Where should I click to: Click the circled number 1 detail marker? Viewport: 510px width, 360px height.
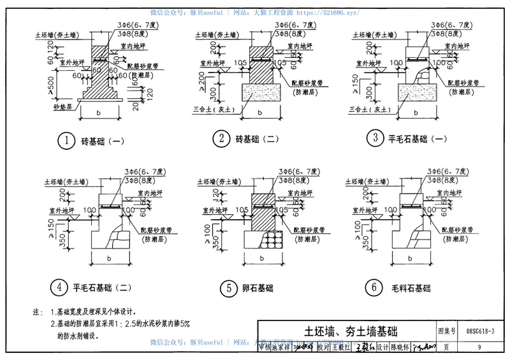pos(64,140)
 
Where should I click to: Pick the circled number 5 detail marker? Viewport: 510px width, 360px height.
pos(228,288)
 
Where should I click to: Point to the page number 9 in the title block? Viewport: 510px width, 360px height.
pos(478,348)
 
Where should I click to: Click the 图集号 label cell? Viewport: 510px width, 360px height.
pos(448,331)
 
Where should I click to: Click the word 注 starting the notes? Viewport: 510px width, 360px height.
pos(36,313)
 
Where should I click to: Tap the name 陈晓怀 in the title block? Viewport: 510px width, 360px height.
pos(400,348)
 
